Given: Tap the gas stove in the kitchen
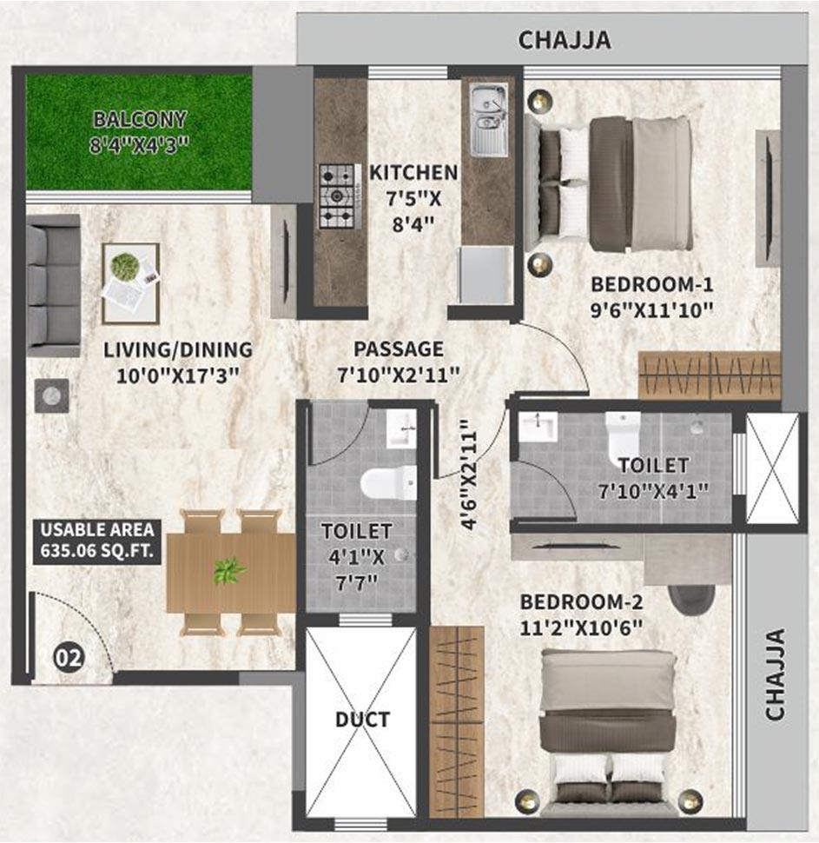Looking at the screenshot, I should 337,196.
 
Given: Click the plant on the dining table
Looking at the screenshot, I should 229,571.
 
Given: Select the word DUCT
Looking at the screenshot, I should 363,720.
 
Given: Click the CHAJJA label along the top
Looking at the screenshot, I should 565,40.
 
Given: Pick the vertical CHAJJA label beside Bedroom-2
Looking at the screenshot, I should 775,674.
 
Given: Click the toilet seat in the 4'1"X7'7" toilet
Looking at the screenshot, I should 386,481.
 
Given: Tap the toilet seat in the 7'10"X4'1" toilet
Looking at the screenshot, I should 623,435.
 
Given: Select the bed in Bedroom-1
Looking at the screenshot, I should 617,183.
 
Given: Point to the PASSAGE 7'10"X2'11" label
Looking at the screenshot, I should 399,362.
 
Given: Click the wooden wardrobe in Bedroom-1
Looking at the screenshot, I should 709,375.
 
